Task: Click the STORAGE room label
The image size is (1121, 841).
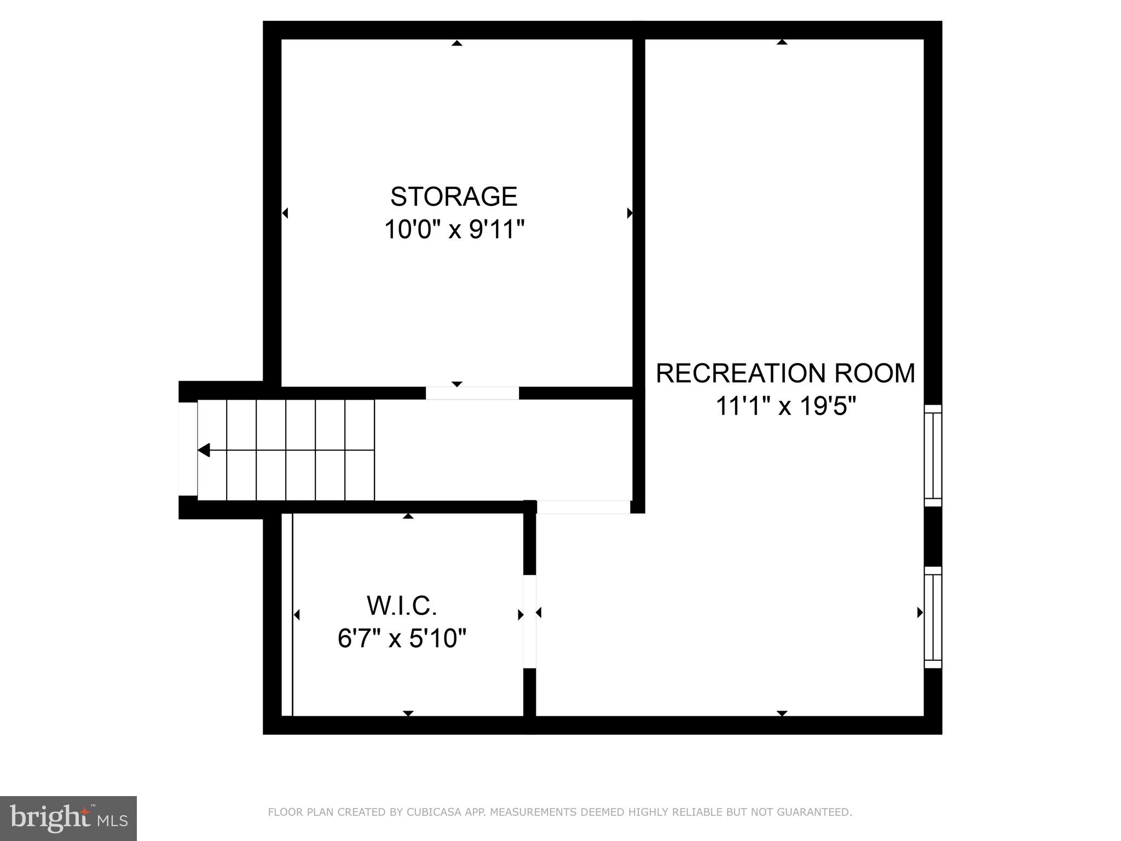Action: pyautogui.click(x=454, y=197)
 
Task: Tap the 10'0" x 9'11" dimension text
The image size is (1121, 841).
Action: pyautogui.click(x=454, y=229)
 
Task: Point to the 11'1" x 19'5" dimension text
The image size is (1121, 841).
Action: pyautogui.click(x=785, y=406)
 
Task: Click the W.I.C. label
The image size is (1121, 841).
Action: pyautogui.click(x=402, y=606)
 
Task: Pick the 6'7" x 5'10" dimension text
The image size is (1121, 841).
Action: pyautogui.click(x=402, y=638)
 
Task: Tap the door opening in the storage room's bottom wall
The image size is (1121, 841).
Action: pyautogui.click(x=472, y=393)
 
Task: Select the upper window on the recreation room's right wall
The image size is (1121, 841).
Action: pyautogui.click(x=933, y=456)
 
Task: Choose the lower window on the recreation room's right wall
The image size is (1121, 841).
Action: pyautogui.click(x=933, y=617)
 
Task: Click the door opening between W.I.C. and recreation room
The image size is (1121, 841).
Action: pyautogui.click(x=529, y=621)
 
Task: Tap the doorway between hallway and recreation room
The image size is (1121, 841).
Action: pyautogui.click(x=583, y=506)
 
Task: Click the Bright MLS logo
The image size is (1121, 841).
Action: pyautogui.click(x=68, y=818)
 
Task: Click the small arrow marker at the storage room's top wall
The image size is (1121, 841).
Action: pyautogui.click(x=457, y=43)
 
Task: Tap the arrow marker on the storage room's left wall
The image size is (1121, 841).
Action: pyautogui.click(x=285, y=213)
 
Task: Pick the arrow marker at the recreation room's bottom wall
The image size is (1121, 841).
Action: pyautogui.click(x=782, y=713)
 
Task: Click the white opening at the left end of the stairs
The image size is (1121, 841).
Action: pyautogui.click(x=188, y=449)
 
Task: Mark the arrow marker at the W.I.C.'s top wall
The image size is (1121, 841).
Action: pyautogui.click(x=408, y=516)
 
